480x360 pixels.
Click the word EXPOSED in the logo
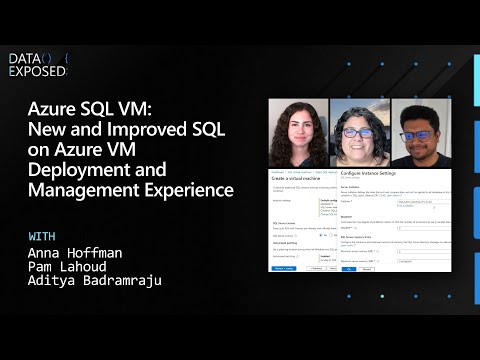(37, 73)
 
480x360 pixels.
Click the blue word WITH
(43, 236)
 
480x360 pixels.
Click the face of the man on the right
(421, 131)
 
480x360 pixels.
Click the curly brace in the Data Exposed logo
(66, 59)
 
